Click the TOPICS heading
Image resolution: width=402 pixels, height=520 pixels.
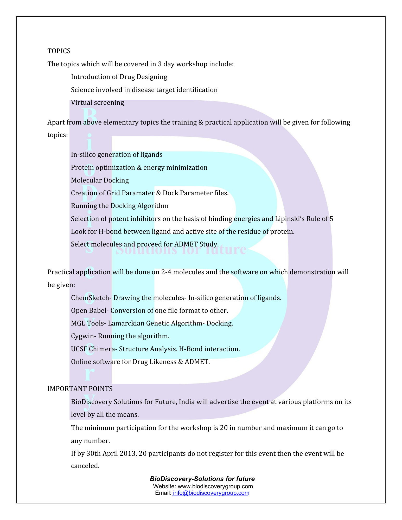tap(59, 51)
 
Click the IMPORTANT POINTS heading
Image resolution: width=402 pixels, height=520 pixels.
tap(80, 389)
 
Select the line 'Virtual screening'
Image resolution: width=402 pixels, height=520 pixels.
tap(97, 102)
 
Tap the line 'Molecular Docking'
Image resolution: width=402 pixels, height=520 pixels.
tap(100, 180)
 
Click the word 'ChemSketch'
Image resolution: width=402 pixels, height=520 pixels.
tap(90, 298)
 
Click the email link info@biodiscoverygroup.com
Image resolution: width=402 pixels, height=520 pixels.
tap(211, 493)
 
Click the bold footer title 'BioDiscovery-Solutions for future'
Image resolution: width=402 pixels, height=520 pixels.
tap(202, 479)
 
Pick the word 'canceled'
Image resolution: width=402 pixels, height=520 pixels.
tap(85, 466)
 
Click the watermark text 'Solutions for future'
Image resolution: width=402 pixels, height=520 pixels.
tap(181, 249)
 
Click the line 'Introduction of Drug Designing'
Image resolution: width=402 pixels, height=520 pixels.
tap(119, 77)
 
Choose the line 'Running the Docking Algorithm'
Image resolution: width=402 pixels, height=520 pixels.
tap(120, 206)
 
